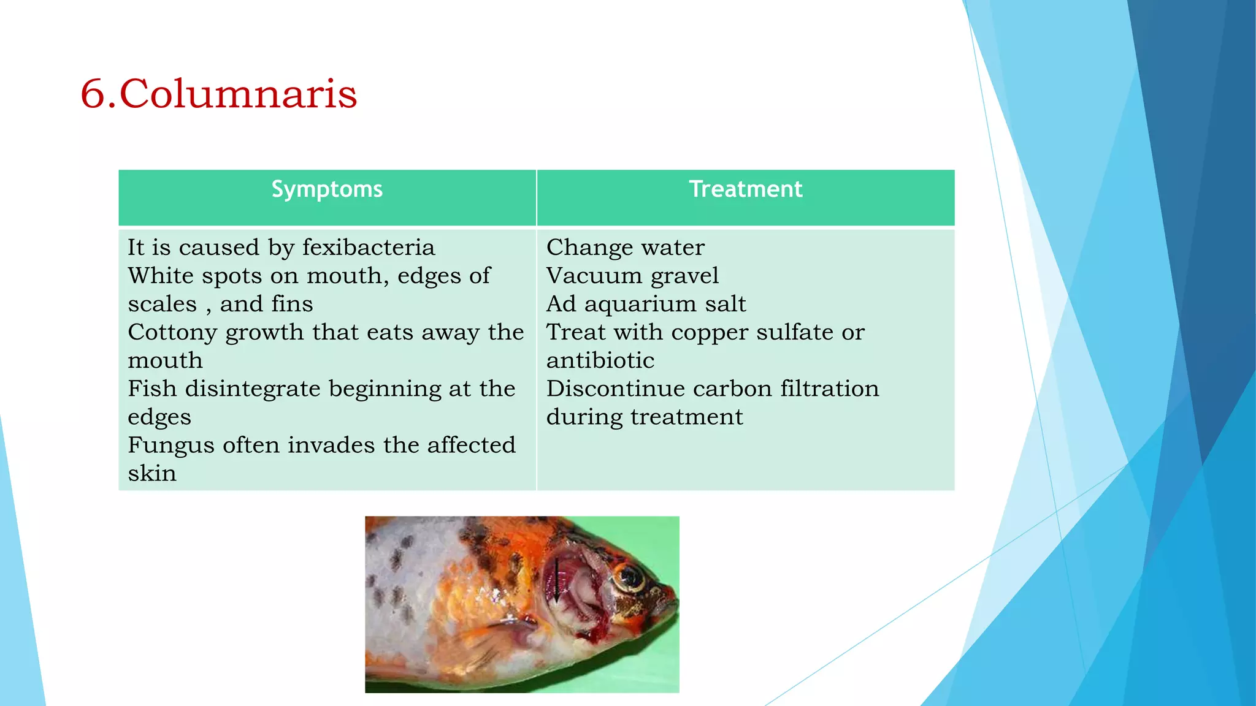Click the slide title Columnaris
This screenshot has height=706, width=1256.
(238, 94)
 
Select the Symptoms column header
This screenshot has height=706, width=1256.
(327, 189)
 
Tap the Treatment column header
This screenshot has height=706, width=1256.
(745, 189)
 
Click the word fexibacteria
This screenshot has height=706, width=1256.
(369, 248)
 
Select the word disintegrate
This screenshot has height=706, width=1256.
(253, 389)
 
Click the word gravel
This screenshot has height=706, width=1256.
(684, 276)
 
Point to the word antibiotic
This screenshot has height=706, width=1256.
(600, 361)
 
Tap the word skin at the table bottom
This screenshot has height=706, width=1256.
(151, 474)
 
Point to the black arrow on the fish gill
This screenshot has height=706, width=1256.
(556, 579)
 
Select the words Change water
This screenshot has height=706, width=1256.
(625, 248)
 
